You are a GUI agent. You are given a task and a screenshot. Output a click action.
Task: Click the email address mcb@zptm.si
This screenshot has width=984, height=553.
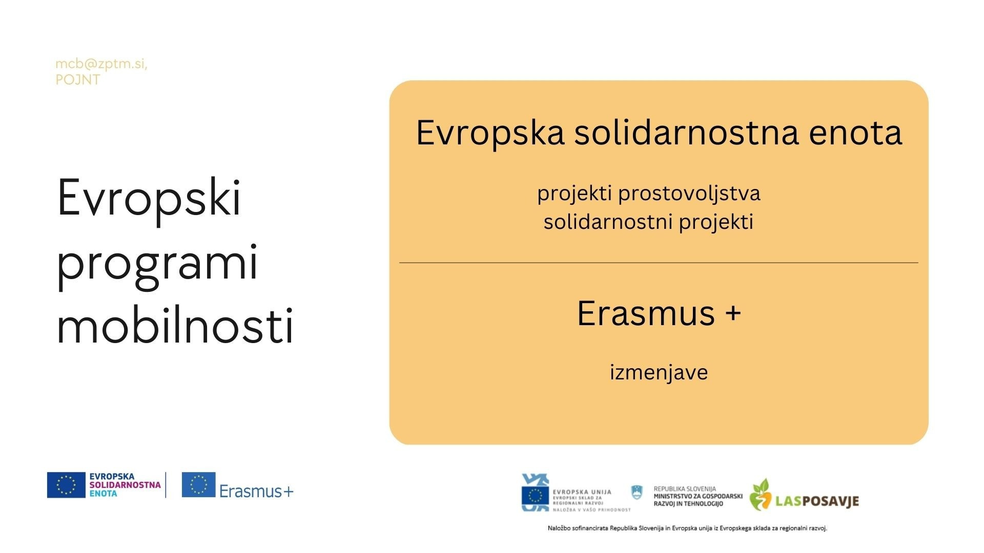(x=100, y=64)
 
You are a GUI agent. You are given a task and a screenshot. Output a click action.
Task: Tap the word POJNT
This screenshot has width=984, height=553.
(x=78, y=80)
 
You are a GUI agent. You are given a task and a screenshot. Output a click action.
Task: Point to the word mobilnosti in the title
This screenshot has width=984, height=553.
(x=175, y=325)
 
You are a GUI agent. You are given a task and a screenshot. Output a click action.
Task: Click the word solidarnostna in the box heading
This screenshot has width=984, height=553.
(x=686, y=132)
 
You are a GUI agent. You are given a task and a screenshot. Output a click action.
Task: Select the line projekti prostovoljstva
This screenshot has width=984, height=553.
(x=649, y=194)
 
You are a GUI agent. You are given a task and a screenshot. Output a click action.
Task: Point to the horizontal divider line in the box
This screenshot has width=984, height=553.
(x=659, y=263)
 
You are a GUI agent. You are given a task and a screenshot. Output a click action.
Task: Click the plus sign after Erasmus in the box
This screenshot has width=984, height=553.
(x=733, y=313)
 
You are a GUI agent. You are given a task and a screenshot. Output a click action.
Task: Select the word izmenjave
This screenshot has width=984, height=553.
(x=659, y=372)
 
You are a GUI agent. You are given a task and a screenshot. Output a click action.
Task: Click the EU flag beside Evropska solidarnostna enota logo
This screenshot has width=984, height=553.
(x=66, y=485)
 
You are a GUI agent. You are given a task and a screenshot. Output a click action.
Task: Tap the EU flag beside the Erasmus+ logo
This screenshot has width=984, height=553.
(x=198, y=484)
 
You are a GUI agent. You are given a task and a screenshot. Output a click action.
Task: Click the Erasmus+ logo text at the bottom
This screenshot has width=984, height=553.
(x=256, y=491)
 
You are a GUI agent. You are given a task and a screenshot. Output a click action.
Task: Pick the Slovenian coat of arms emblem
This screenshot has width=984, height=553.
(x=637, y=493)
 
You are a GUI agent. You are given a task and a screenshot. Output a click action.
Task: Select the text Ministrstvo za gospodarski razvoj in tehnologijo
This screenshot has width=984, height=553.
(x=698, y=500)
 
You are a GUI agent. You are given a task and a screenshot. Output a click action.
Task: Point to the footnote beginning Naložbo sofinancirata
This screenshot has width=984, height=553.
(x=687, y=528)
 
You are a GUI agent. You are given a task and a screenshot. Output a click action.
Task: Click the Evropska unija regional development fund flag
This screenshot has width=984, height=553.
(x=535, y=495)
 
